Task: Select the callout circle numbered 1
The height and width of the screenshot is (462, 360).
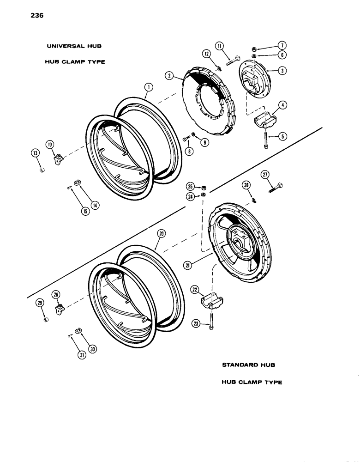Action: tap(148, 86)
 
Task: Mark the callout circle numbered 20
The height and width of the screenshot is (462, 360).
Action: tap(161, 234)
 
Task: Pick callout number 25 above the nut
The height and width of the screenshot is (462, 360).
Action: tap(190, 186)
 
